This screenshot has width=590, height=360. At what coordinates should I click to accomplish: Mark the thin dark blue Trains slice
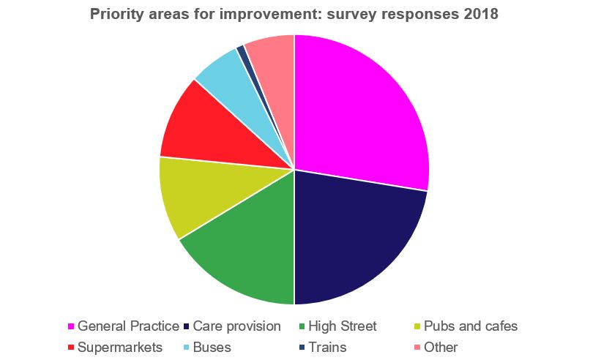(242, 51)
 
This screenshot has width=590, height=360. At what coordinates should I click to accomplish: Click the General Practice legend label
(128, 326)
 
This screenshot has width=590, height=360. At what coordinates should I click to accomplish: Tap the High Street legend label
(343, 326)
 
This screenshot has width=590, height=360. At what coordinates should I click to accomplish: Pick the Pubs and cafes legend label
(471, 326)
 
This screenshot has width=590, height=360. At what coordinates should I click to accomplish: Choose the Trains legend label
(327, 347)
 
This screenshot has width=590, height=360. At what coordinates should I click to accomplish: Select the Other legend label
(440, 347)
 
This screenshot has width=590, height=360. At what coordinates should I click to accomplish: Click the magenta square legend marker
(71, 326)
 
